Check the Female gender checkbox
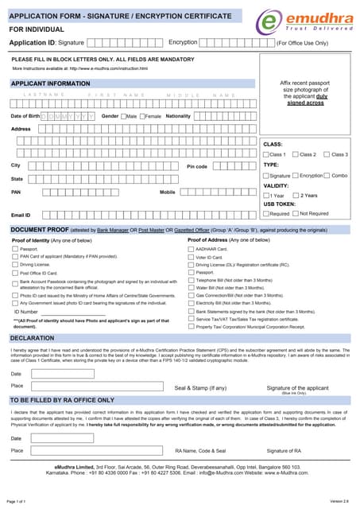coord(141,116)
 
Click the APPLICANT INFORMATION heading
coord(50,83)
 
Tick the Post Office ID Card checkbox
coord(14,272)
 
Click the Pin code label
coord(196,166)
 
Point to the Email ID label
coord(21,215)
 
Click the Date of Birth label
coord(25,116)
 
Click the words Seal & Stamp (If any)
coord(200,388)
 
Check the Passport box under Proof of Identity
coord(14,249)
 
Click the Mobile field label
coord(167,192)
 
